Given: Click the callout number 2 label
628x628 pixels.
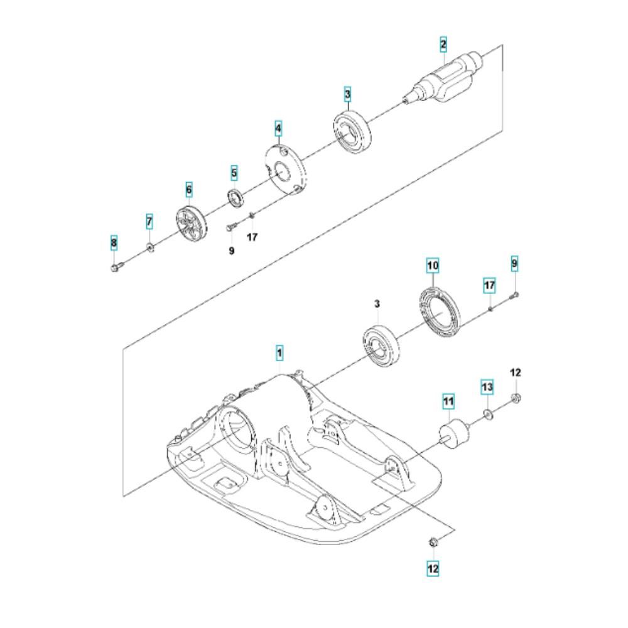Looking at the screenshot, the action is (x=443, y=44).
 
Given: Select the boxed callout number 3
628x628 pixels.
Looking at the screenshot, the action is (x=347, y=95).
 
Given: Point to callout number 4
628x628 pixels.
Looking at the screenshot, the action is (x=278, y=129).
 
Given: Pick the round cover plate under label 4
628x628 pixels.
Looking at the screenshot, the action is (x=285, y=168).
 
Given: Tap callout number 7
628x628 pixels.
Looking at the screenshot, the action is (x=149, y=221).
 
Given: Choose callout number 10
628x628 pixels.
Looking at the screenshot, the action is (x=433, y=266).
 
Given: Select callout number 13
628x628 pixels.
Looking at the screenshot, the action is (x=488, y=387).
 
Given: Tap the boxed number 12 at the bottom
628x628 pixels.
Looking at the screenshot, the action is (x=433, y=568).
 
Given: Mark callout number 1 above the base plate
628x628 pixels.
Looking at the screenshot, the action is (x=279, y=354).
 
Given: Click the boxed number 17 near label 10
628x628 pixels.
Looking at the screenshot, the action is (x=490, y=286).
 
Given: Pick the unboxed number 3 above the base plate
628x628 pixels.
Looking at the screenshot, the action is (x=377, y=304).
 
